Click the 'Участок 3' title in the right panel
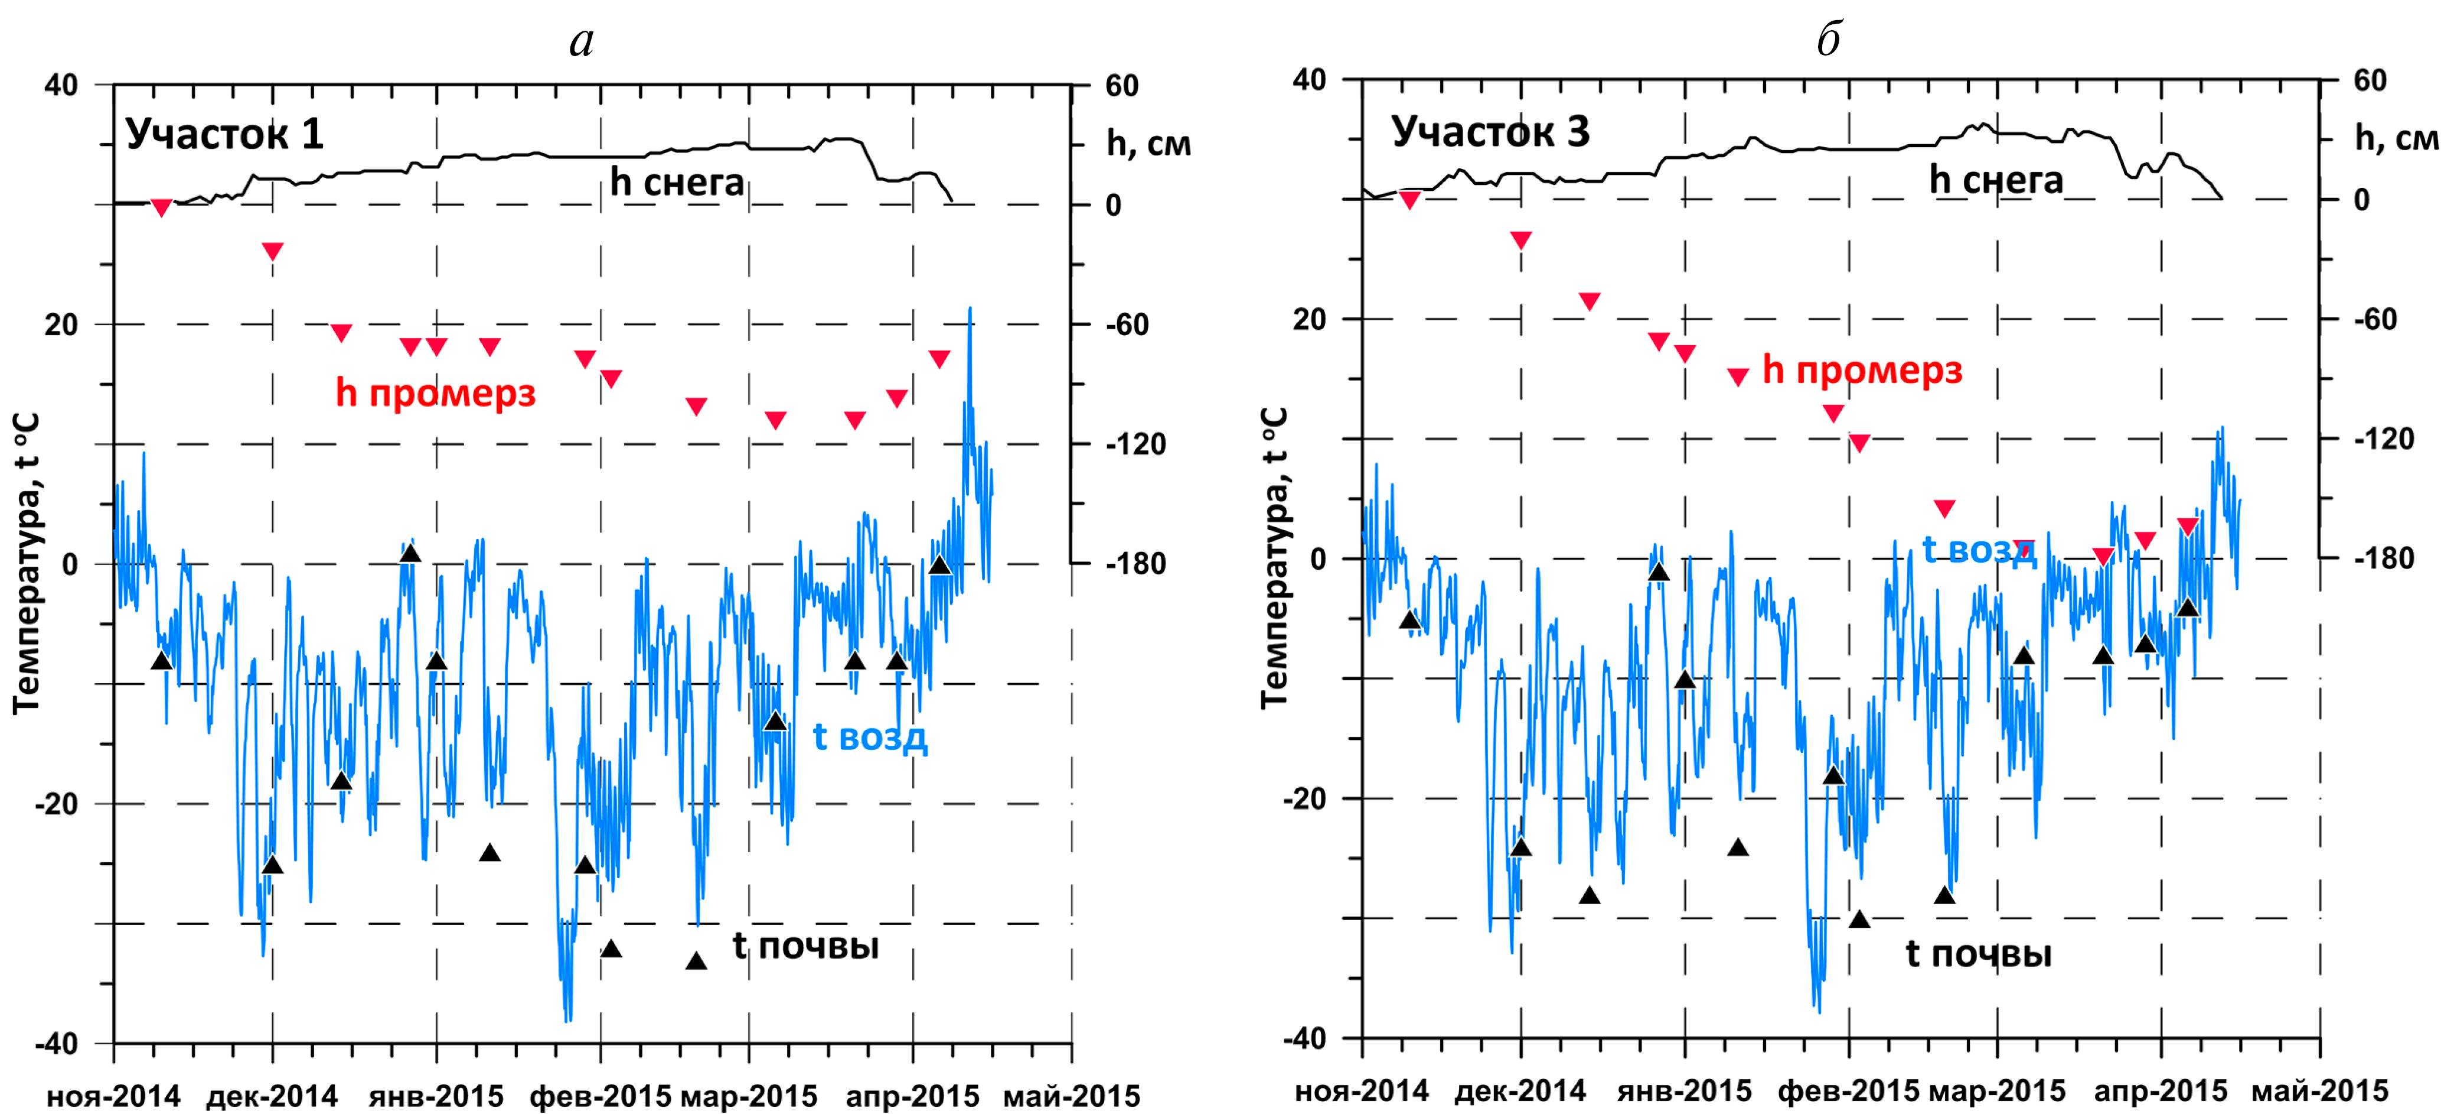pos(1490,131)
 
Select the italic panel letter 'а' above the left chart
pos(582,40)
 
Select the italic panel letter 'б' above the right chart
pos(1829,40)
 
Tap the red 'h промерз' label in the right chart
pos(1862,370)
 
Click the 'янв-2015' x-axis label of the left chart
pos(436,1096)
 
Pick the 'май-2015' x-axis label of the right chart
pos(2320,1090)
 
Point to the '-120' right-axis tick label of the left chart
pos(1136,444)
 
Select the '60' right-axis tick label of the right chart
pos(2370,80)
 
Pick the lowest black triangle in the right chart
pos(1859,919)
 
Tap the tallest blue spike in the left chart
pos(970,309)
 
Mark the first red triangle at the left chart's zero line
pos(161,207)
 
